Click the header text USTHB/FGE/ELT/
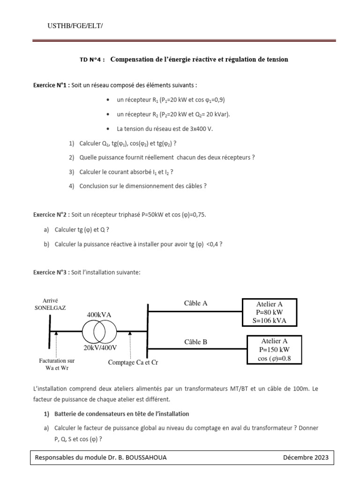(75, 26)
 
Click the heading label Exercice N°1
(51, 85)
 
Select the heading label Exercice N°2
(51, 215)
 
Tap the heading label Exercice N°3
(51, 272)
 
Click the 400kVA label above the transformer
(99, 315)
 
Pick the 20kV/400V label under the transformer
(100, 348)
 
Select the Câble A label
(195, 303)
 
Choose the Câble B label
(195, 342)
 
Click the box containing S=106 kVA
(269, 312)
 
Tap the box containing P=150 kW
(274, 350)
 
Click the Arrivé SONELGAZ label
(50, 304)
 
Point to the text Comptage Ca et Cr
(133, 362)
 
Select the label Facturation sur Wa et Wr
(57, 364)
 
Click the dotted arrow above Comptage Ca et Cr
(130, 344)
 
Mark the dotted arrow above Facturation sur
(56, 344)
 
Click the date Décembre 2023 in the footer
(306, 457)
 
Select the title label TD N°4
(92, 60)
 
